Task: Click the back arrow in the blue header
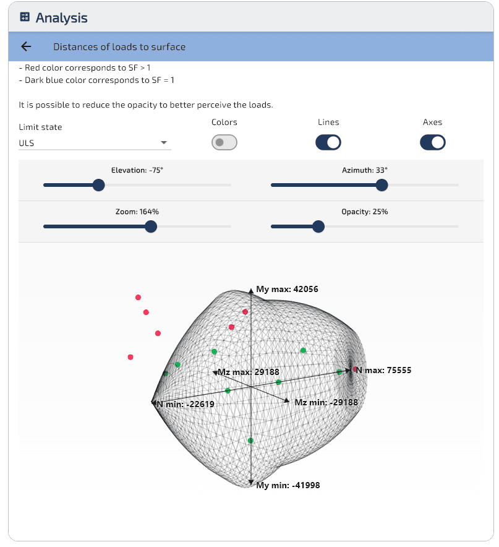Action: point(26,46)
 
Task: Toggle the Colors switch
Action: point(224,142)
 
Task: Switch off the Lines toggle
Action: point(328,142)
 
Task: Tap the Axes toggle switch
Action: point(432,142)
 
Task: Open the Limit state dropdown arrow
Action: point(163,142)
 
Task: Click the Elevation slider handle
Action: point(99,185)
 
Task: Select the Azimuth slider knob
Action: point(382,185)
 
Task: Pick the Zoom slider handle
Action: point(151,226)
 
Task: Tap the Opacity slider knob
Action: point(318,226)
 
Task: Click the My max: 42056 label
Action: point(287,289)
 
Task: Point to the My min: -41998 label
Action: point(288,485)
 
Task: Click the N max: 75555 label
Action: point(383,370)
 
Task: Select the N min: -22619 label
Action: point(186,404)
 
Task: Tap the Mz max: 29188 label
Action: point(249,373)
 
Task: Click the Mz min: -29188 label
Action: point(326,402)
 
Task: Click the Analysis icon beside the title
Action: point(25,17)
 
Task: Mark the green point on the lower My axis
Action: point(250,441)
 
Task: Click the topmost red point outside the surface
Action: point(138,297)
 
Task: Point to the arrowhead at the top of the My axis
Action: point(250,291)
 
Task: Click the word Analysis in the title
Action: point(61,18)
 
